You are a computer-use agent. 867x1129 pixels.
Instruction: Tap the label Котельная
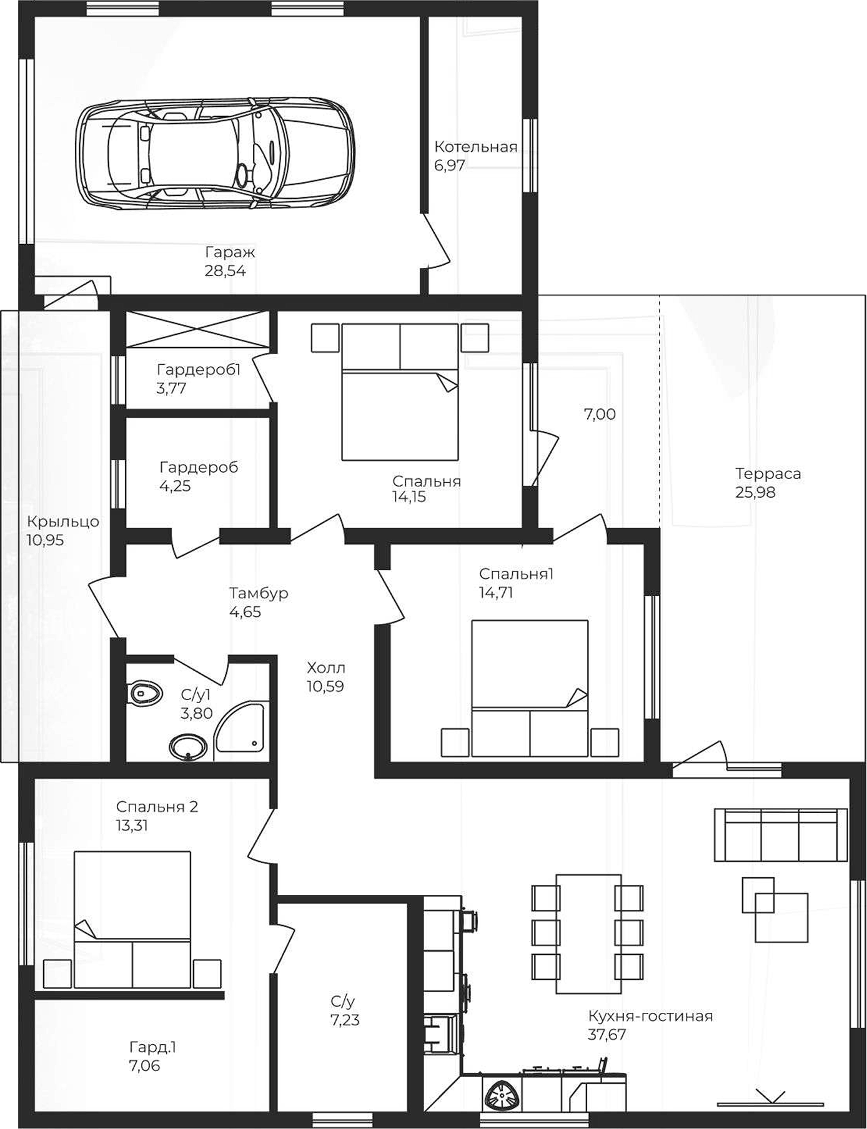pyautogui.click(x=475, y=147)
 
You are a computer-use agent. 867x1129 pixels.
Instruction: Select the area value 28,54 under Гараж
pyautogui.click(x=225, y=271)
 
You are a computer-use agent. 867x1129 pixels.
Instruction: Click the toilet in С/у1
pyautogui.click(x=145, y=693)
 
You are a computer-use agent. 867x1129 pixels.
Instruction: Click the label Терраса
pyautogui.click(x=768, y=474)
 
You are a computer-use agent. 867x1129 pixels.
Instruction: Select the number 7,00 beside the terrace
pyautogui.click(x=600, y=414)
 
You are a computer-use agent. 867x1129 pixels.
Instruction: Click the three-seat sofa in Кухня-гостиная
pyautogui.click(x=780, y=835)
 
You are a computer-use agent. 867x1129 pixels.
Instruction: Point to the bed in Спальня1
pyautogui.click(x=529, y=688)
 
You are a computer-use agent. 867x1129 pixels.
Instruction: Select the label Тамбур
pyautogui.click(x=258, y=593)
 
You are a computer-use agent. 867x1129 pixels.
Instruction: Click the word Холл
pyautogui.click(x=326, y=668)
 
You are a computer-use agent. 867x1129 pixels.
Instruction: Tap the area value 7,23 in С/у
pyautogui.click(x=345, y=1020)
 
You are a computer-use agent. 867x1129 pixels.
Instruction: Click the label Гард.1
pyautogui.click(x=152, y=1047)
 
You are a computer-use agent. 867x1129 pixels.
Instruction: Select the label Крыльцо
pyautogui.click(x=62, y=521)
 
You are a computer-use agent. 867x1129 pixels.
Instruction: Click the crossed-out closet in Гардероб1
pyautogui.click(x=198, y=329)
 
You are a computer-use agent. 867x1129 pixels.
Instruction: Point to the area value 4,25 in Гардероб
pyautogui.click(x=175, y=486)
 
